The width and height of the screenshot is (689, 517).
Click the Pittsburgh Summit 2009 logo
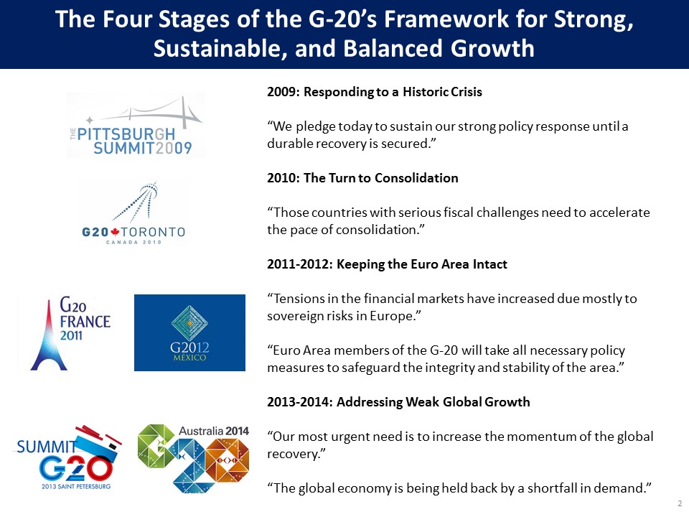coord(136,125)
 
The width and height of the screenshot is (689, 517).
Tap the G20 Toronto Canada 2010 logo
coord(133,213)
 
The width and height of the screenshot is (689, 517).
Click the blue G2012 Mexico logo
coord(189,332)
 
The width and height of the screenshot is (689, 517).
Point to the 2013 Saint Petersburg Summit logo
coord(69,457)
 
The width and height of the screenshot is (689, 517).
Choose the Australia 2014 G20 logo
coord(193,457)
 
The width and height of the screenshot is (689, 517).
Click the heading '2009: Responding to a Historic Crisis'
coord(375,92)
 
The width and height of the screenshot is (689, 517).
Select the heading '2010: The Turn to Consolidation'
coord(362,178)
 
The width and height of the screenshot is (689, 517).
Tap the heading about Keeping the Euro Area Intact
coord(387,264)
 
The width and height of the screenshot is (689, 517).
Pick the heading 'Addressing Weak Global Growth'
coord(433,402)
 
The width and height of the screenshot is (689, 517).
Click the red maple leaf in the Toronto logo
coord(115,232)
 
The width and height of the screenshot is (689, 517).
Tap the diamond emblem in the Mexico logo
coord(189,323)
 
